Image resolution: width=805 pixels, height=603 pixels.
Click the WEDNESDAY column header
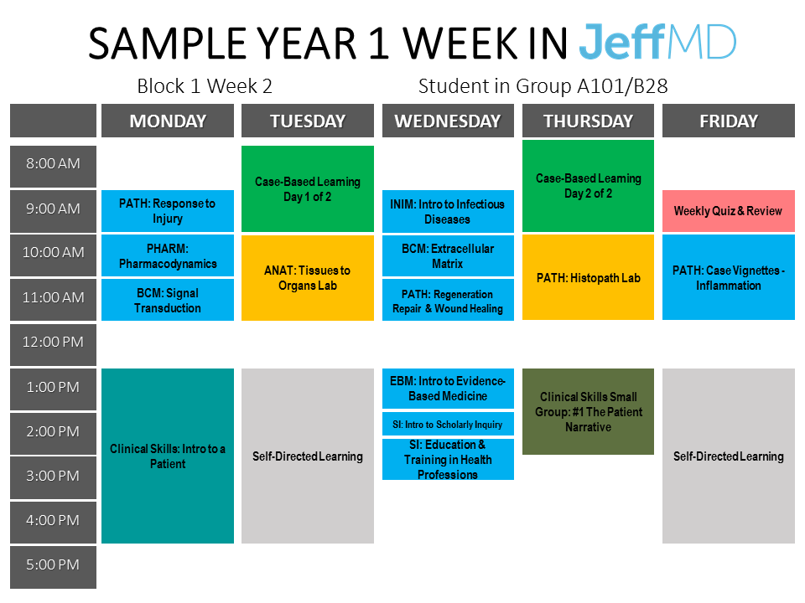pos(448,121)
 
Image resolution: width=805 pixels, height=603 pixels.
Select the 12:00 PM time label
pos(53,342)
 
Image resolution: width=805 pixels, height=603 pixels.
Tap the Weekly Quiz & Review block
pos(728,211)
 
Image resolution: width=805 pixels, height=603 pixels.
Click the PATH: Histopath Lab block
pos(588,277)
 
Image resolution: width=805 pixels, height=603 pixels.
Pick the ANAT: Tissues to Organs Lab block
pos(308,277)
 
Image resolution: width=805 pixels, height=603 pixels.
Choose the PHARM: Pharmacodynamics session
pos(168,256)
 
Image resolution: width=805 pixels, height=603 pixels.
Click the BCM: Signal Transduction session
pos(168,300)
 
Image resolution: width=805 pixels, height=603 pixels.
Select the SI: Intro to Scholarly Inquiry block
pos(448,424)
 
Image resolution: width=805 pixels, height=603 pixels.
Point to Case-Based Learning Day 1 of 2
pos(308,188)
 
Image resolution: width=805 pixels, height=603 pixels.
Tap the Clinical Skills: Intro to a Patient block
pos(168,456)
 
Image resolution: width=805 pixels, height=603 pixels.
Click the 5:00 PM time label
pos(53,564)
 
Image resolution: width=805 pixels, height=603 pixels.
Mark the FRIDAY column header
pos(728,121)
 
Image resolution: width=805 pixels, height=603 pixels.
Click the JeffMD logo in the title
pos(657,42)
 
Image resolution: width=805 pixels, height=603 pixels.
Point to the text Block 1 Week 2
pos(205,86)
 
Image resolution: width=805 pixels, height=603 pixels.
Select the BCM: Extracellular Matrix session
pos(448,256)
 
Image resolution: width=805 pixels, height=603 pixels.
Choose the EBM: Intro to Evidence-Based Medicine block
pos(448,388)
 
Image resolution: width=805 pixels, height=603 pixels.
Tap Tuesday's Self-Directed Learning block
pos(308,456)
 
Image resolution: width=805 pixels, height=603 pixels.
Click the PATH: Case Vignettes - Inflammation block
pos(728,277)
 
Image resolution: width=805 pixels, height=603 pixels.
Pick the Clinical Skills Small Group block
pos(588,411)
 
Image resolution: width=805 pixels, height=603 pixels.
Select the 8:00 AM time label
pos(53,163)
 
